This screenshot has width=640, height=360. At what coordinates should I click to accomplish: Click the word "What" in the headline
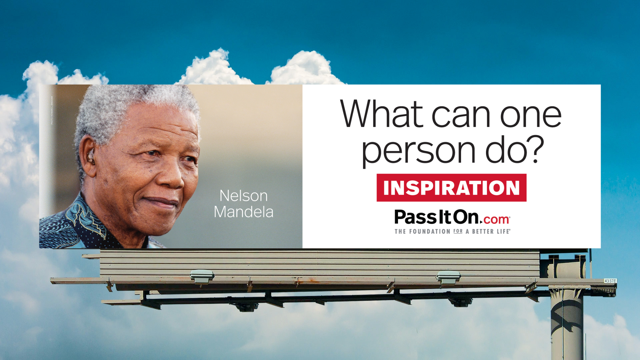click(x=382, y=114)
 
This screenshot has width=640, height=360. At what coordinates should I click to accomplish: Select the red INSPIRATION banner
click(x=451, y=188)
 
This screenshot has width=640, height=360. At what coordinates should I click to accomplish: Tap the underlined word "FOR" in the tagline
click(x=458, y=231)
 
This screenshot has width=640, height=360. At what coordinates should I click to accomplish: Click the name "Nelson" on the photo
click(x=243, y=196)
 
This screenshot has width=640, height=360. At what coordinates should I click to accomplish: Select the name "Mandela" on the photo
click(x=243, y=212)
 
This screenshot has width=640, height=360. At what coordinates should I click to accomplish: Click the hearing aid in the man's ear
click(x=91, y=157)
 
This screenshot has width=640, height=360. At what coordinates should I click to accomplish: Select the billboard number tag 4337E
click(x=610, y=281)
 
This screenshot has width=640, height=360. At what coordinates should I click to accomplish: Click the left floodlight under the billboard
click(x=202, y=276)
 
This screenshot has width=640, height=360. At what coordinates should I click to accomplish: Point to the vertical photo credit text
click(x=52, y=110)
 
